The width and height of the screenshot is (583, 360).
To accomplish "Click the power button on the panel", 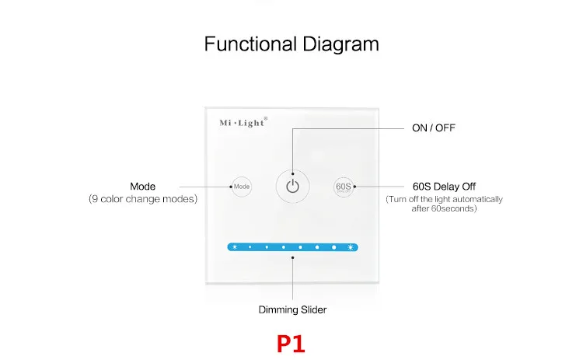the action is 292,187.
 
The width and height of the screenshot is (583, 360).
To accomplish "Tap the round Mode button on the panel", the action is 242,187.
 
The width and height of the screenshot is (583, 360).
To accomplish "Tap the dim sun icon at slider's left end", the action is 234,247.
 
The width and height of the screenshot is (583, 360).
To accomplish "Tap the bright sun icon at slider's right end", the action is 351,247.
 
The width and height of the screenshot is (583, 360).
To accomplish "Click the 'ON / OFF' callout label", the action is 433,128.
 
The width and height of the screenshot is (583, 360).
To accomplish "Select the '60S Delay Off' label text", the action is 444,187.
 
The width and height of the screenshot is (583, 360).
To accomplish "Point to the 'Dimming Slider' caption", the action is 292,309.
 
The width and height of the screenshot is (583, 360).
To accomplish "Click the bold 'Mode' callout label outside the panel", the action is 143,187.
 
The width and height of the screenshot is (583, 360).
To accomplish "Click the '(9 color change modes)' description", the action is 143,199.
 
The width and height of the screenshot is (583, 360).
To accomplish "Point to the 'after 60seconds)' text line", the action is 445,208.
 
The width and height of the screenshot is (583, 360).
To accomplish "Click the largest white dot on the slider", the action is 334,247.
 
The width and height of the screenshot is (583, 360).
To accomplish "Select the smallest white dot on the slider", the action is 250,247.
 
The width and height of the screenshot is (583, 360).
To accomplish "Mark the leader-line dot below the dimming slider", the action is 292,257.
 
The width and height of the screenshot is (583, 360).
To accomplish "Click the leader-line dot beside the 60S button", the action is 354,187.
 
